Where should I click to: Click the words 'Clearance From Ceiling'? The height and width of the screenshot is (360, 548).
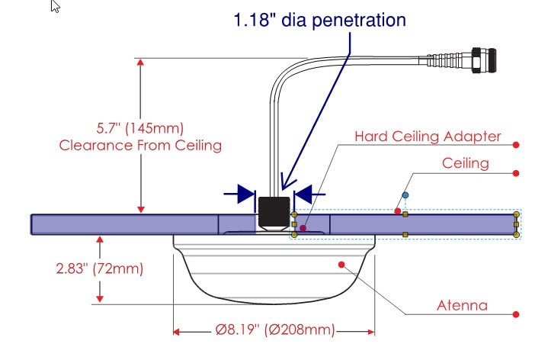point(141,145)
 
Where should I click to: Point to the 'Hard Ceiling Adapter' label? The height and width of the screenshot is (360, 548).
point(428,137)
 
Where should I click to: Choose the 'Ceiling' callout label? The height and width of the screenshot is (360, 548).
point(465,163)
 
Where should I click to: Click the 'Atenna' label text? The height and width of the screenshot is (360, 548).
point(462,306)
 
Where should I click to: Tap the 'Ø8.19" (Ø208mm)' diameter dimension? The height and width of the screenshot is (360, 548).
point(274,330)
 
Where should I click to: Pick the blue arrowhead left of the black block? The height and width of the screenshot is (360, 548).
point(245,194)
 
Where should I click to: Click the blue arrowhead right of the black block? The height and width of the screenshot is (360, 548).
point(303,194)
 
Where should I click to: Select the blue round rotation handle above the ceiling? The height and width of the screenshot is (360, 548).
point(405,195)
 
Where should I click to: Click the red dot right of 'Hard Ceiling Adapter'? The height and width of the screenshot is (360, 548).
point(516,144)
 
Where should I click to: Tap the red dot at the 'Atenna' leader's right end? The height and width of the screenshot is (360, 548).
point(516,313)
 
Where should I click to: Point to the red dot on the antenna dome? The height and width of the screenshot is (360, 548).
point(342,265)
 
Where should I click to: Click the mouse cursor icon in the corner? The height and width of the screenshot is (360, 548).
point(56,7)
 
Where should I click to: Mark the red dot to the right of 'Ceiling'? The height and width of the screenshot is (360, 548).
point(516,173)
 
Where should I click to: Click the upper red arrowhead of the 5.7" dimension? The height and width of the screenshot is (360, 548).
point(140,64)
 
